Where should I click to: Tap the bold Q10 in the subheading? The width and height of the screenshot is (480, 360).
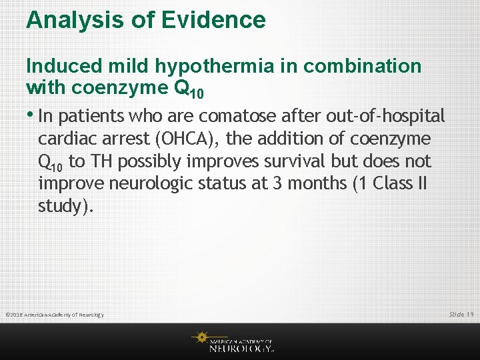pos(189,89)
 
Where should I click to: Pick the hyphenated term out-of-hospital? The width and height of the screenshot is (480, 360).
pos(385,116)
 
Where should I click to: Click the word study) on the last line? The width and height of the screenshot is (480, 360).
pos(66,206)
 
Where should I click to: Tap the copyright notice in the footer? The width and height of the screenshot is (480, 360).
pos(54,315)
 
